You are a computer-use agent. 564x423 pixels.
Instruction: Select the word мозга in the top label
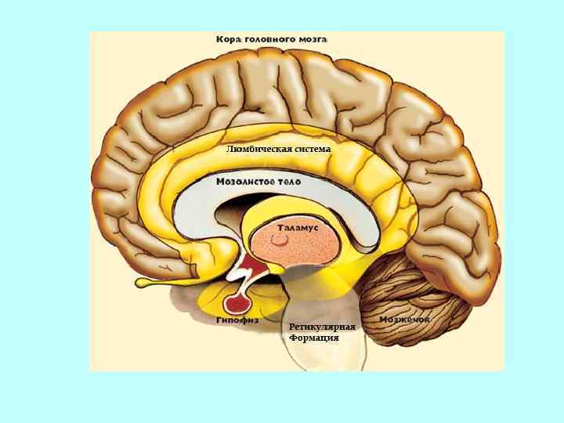[313, 38]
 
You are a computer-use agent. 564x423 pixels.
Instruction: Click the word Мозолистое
[243, 181]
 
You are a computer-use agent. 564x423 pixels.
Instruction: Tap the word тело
[287, 181]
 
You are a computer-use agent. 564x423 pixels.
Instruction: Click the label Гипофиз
[237, 320]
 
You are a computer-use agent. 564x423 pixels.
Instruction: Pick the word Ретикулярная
[322, 327]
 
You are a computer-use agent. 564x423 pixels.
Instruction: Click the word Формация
[313, 338]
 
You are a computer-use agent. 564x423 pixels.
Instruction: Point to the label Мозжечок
[405, 320]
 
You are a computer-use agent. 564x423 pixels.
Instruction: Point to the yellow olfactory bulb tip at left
[145, 280]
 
